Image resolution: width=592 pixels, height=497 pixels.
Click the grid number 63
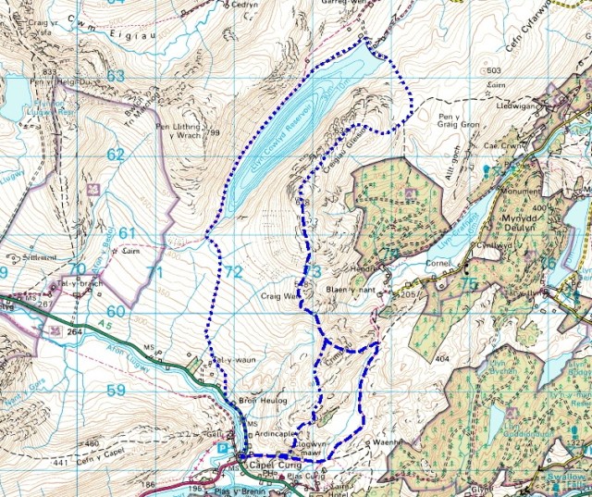click(x=115, y=75)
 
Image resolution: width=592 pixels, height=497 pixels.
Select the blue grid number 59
click(x=115, y=391)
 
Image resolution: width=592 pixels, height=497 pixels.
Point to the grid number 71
click(x=154, y=272)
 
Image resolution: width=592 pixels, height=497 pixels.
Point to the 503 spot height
click(x=493, y=71)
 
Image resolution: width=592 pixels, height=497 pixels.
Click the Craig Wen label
click(x=280, y=297)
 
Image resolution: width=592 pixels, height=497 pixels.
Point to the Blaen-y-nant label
click(x=347, y=289)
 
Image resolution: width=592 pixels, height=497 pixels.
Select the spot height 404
click(x=441, y=356)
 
